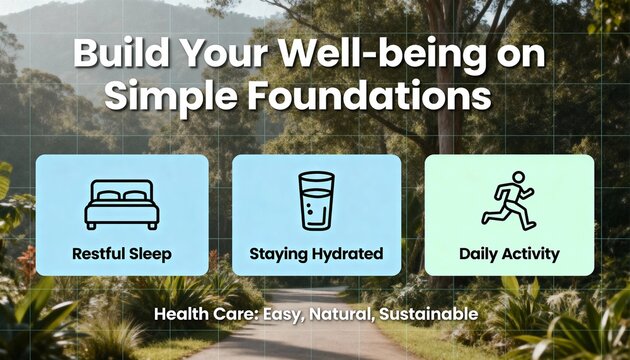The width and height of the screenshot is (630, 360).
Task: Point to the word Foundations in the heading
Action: [364, 98]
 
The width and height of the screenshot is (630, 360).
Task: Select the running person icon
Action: [509, 200]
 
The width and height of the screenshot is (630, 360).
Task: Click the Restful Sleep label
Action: [121, 254]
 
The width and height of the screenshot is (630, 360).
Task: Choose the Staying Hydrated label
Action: [316, 254]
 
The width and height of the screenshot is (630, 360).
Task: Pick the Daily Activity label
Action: [509, 254]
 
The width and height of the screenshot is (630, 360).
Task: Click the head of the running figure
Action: [517, 178]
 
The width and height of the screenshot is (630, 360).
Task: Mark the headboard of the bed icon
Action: [121, 189]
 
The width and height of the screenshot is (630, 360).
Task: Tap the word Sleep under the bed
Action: [149, 254]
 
